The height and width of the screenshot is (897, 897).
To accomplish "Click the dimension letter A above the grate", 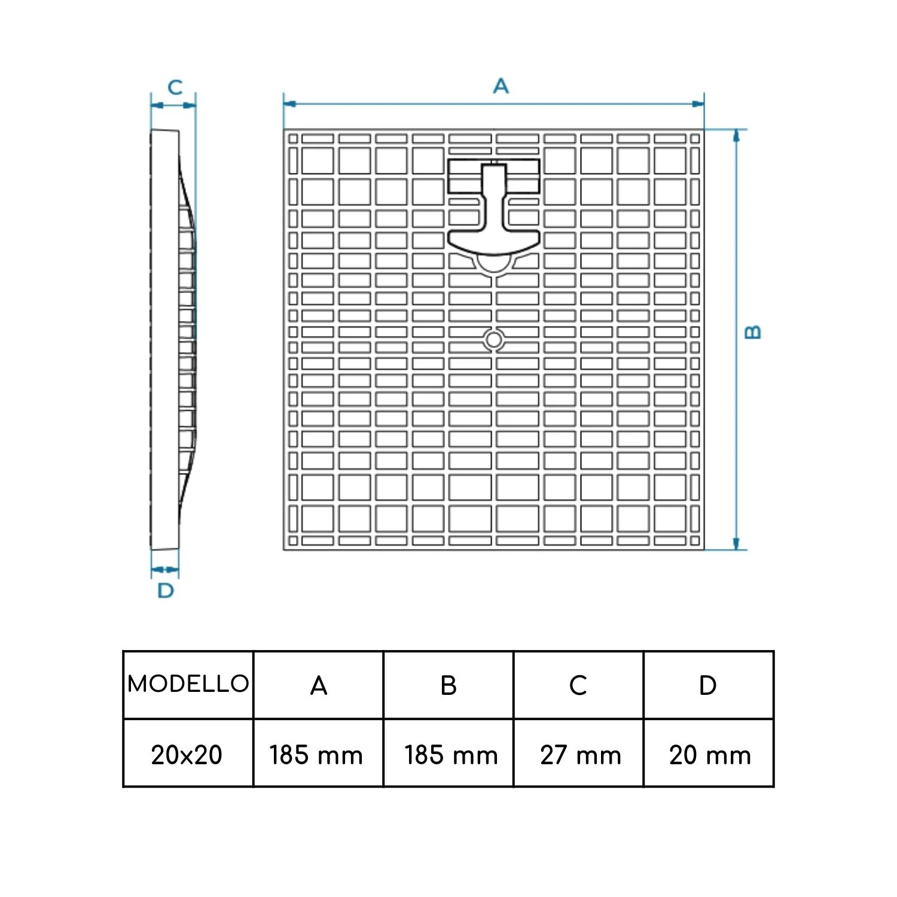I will click(x=501, y=86).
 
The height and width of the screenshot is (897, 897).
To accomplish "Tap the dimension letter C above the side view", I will click(x=175, y=87).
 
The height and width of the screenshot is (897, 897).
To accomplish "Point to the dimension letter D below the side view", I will click(x=166, y=591).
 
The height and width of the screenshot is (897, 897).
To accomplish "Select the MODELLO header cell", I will click(x=188, y=684).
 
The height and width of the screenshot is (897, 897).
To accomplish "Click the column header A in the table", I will click(x=319, y=685).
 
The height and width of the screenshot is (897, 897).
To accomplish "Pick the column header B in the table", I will click(x=448, y=685).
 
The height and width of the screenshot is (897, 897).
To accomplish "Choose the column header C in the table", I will click(x=578, y=685).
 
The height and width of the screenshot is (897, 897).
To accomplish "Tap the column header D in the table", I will click(x=707, y=685).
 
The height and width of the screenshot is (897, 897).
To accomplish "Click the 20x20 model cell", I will click(x=187, y=755).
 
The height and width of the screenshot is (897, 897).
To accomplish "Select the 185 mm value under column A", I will click(x=316, y=755).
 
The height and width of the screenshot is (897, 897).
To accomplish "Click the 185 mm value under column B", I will click(x=451, y=755).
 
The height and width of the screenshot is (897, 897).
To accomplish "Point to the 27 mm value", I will click(x=581, y=755).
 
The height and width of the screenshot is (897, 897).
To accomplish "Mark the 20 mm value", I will click(x=710, y=755).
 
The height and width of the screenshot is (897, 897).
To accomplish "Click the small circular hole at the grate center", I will click(x=493, y=340).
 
